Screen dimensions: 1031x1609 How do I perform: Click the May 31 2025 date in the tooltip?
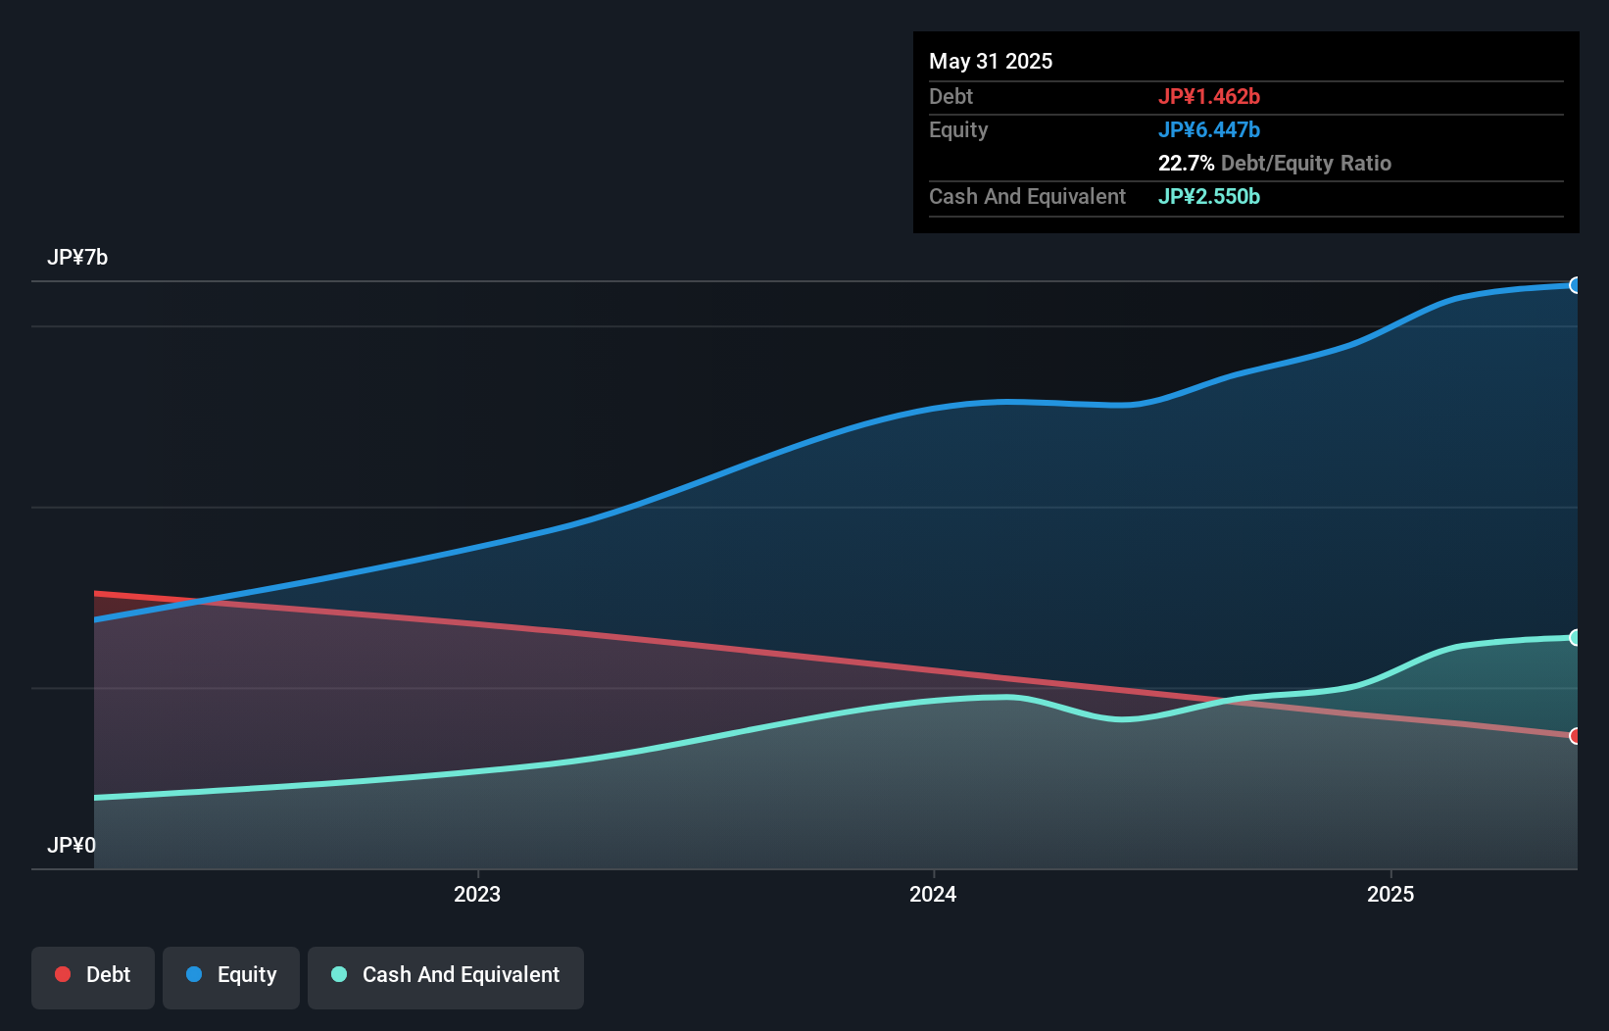click(990, 61)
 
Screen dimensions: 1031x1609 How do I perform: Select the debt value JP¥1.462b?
click(1208, 96)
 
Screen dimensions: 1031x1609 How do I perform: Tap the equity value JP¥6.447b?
click(1208, 129)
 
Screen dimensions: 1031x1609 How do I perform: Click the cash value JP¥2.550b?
click(1208, 196)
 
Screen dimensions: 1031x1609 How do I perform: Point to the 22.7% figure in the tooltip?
click(1186, 163)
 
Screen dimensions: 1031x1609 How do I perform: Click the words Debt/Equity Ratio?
click(1305, 163)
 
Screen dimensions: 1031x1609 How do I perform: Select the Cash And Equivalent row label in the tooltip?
click(1027, 196)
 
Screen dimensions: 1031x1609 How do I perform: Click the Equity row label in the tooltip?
click(957, 129)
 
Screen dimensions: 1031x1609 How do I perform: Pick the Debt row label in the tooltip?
click(951, 96)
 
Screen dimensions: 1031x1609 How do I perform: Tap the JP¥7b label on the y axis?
click(77, 257)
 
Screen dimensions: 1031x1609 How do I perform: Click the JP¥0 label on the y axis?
click(72, 845)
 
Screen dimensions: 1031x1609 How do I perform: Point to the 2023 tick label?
click(477, 894)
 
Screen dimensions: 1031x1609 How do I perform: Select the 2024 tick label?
click(933, 894)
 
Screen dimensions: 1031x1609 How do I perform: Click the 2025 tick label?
click(1390, 894)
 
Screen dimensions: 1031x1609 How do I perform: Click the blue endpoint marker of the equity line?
click(1575, 285)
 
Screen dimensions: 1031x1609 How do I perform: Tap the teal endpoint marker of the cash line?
click(1575, 638)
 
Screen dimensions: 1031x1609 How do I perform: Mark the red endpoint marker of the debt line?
click(1575, 736)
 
